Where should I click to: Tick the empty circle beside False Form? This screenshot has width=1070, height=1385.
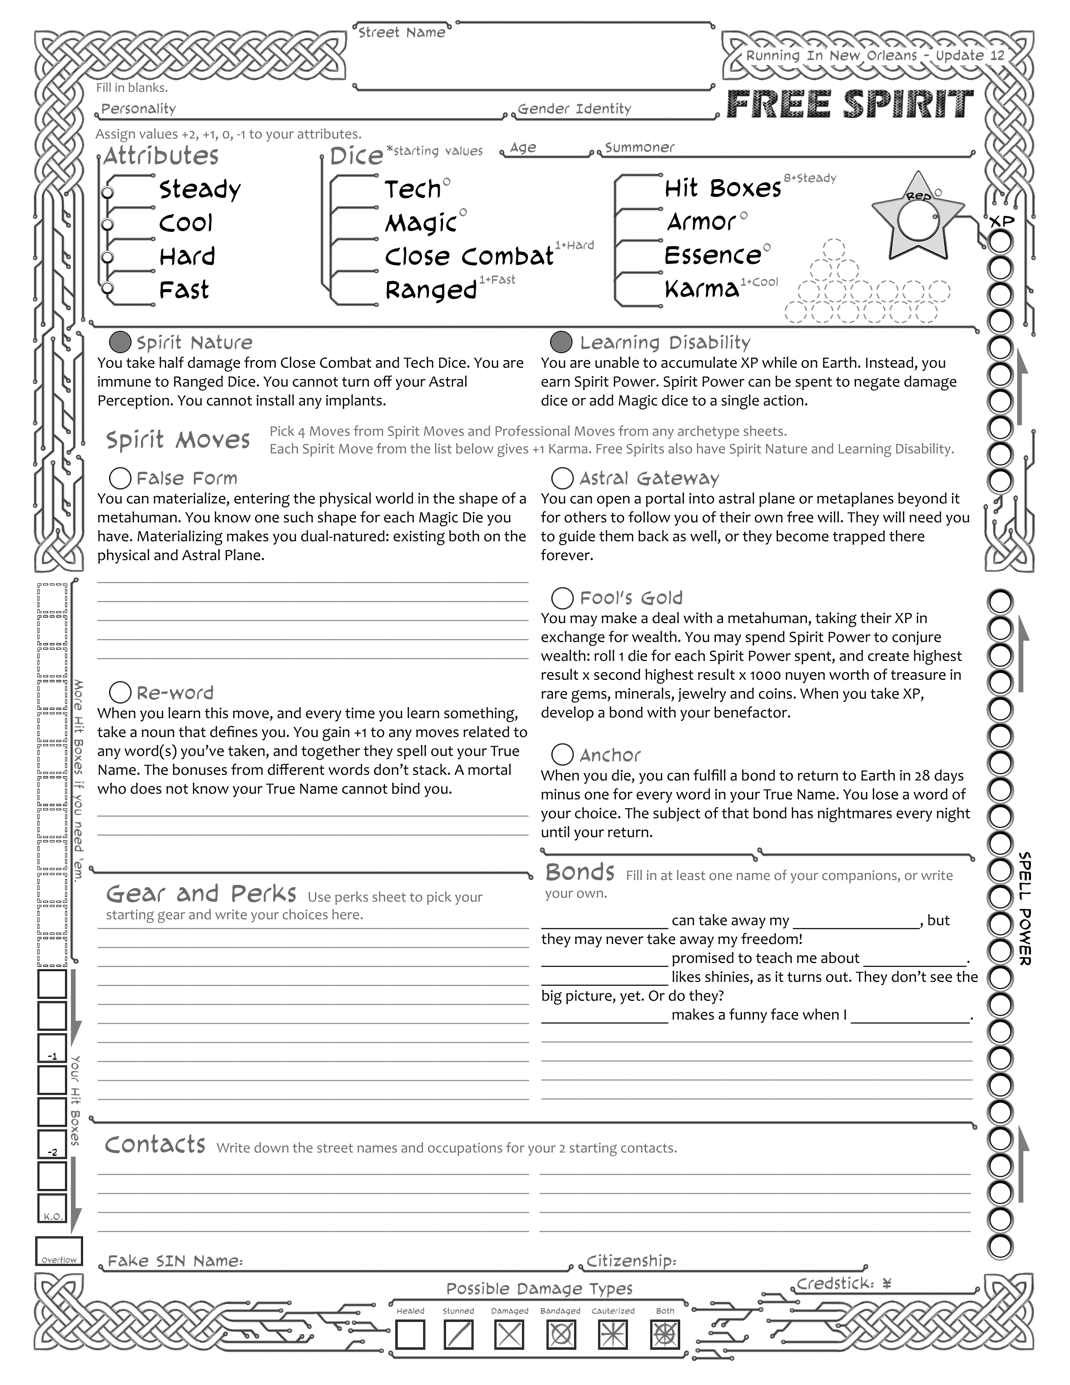tap(120, 478)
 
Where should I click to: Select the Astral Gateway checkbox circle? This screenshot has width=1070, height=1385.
tap(562, 478)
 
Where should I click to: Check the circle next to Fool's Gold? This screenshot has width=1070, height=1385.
tap(562, 597)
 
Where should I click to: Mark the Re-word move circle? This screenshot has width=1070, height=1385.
tap(120, 692)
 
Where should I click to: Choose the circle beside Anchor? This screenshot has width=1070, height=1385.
tap(562, 755)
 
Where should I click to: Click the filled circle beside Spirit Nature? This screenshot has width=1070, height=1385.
tap(120, 342)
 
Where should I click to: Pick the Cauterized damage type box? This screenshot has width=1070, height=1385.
tap(612, 1334)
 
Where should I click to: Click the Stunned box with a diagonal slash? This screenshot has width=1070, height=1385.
tap(458, 1334)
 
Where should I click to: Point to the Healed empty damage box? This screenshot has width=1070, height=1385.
tap(410, 1334)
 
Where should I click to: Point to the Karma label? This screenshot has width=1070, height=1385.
tap(702, 289)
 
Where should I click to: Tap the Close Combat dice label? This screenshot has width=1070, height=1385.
tap(469, 256)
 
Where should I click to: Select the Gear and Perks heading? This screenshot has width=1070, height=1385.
tap(201, 894)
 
